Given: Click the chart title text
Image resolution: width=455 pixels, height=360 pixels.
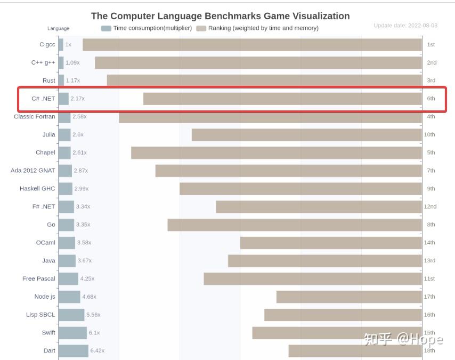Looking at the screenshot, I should [x=220, y=16].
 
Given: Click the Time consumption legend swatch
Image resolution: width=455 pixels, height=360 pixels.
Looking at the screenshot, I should [x=106, y=28].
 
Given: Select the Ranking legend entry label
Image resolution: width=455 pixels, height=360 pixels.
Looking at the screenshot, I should [x=263, y=28].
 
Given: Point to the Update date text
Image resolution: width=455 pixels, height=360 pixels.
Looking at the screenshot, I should [x=405, y=25].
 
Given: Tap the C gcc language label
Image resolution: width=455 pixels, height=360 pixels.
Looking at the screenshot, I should [x=47, y=45].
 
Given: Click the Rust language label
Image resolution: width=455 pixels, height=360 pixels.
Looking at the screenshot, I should [x=48, y=81].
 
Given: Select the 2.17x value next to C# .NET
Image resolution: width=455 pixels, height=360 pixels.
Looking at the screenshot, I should [x=77, y=99].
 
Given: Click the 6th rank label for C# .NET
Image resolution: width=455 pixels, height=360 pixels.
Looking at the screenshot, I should [x=430, y=99].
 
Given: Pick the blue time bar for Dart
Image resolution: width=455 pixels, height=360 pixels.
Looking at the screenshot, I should [x=73, y=351].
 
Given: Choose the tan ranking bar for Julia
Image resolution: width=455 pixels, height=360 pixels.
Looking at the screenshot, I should [x=306, y=135].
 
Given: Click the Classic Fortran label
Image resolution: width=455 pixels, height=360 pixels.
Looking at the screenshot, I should [x=34, y=117].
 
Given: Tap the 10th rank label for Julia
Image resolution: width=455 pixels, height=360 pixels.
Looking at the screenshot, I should [x=429, y=135].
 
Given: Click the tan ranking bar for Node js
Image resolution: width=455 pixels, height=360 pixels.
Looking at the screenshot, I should [x=349, y=297].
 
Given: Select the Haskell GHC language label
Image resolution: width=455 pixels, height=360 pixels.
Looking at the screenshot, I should [x=37, y=189].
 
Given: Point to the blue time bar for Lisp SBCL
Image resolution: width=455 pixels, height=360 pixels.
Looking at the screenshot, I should [x=71, y=315].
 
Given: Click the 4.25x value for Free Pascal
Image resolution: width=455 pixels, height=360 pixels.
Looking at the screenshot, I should [x=87, y=279].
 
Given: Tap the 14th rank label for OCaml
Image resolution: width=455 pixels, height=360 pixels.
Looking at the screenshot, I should [x=429, y=243].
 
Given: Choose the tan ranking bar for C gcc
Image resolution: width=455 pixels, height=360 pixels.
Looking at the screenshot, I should [x=252, y=45].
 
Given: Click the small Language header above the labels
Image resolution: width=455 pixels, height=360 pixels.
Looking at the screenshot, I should [x=58, y=28].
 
